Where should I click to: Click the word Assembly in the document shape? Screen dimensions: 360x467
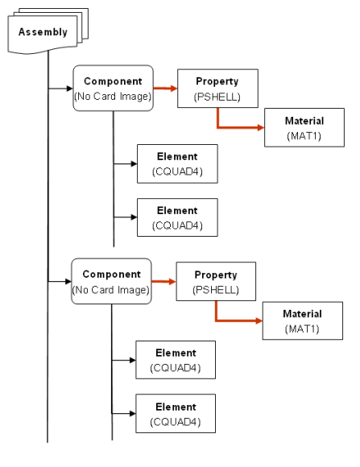43,32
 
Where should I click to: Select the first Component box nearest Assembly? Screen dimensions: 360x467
114,88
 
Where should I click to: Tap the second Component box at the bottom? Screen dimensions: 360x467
111,281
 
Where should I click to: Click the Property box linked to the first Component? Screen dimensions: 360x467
217,89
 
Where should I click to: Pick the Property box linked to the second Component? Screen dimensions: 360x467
216,282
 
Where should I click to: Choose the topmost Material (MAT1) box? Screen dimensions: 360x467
304,127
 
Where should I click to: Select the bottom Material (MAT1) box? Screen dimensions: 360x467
303,320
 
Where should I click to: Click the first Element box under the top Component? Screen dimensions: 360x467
177,163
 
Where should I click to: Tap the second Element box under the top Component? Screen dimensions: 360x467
177,217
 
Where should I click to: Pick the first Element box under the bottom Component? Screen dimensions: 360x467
176,360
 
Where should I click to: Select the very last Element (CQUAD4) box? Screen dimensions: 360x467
176,413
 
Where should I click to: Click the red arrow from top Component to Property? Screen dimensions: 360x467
165,88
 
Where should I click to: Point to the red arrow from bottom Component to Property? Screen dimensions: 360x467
163,282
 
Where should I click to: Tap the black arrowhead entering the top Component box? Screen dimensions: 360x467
70,89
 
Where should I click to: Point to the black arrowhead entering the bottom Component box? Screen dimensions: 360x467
68,281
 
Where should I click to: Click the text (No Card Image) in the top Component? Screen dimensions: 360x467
113,97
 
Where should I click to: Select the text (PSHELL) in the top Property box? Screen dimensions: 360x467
217,97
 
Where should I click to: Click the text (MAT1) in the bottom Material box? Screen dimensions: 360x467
302,329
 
